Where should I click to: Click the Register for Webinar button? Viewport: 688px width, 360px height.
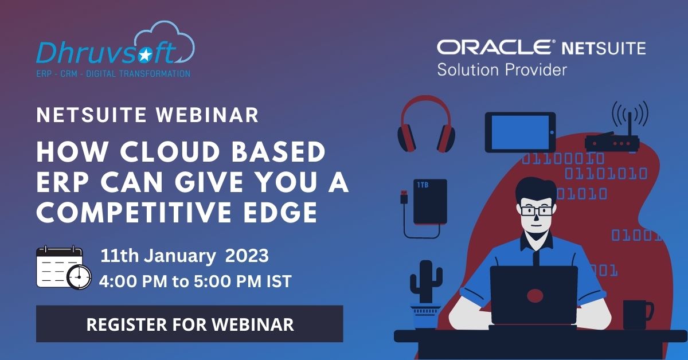[x=189, y=324]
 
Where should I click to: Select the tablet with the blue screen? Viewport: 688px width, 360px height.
[x=520, y=132]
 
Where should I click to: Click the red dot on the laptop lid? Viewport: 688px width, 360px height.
[x=534, y=296]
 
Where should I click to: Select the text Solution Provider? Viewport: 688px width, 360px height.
[x=502, y=69]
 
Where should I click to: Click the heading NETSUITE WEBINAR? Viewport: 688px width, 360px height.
[x=147, y=115]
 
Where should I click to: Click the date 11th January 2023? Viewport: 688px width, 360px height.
[x=185, y=256]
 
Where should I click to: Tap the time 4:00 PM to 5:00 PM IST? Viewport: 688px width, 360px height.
[x=195, y=281]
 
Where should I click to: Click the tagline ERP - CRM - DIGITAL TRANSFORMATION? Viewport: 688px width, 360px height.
[x=114, y=73]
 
